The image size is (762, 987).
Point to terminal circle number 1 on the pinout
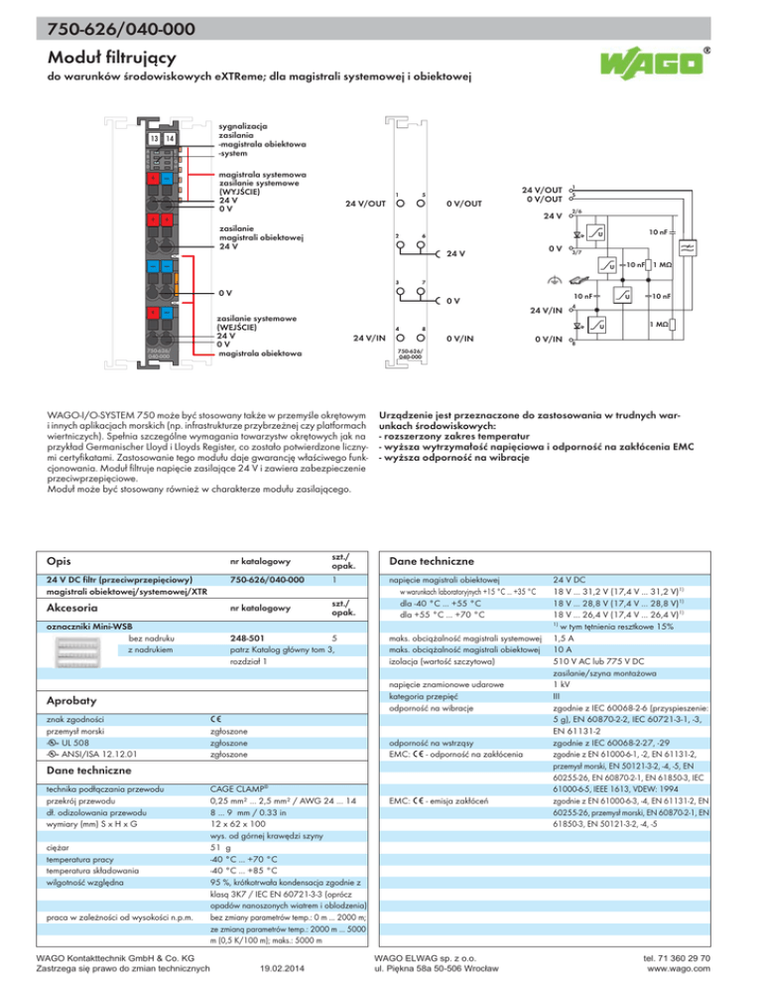pos(398,205)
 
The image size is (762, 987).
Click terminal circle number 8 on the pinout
pos(424,337)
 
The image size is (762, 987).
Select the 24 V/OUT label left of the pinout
pos(366,205)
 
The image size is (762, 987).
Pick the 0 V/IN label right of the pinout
pos(465,337)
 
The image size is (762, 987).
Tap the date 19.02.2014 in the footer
pos(280,970)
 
